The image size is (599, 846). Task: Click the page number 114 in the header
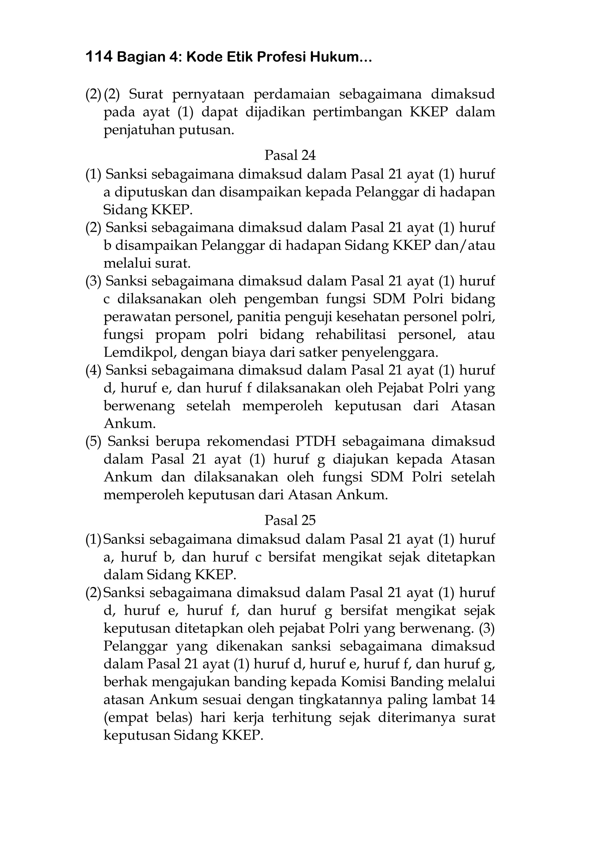(99, 57)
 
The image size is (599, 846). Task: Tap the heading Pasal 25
(290, 520)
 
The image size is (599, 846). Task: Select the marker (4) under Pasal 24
(93, 370)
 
